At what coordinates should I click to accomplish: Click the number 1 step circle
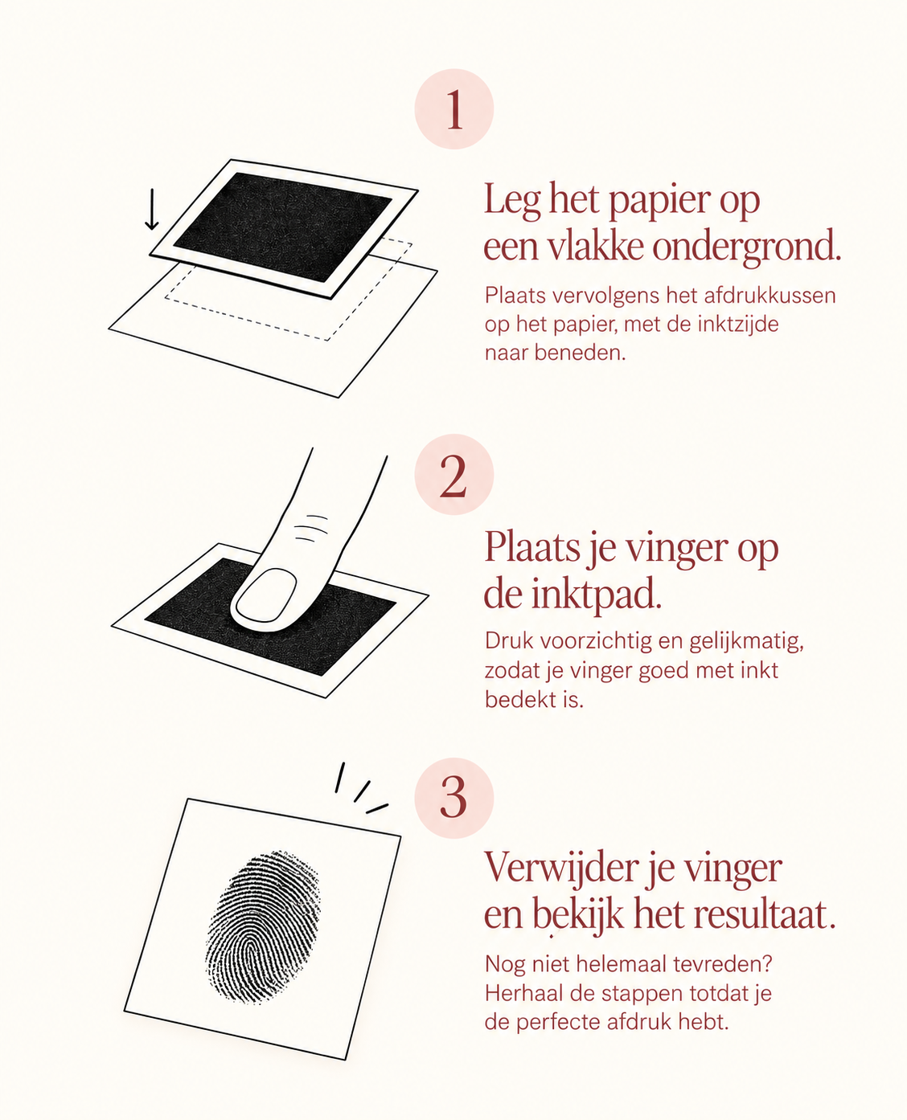tap(454, 108)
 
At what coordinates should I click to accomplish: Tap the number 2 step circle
tap(454, 474)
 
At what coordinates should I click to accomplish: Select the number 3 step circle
tap(454, 798)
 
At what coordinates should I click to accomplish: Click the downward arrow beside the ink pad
tap(151, 209)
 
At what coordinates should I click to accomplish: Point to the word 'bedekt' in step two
tap(517, 700)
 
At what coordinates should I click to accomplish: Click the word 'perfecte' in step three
tap(558, 1023)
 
